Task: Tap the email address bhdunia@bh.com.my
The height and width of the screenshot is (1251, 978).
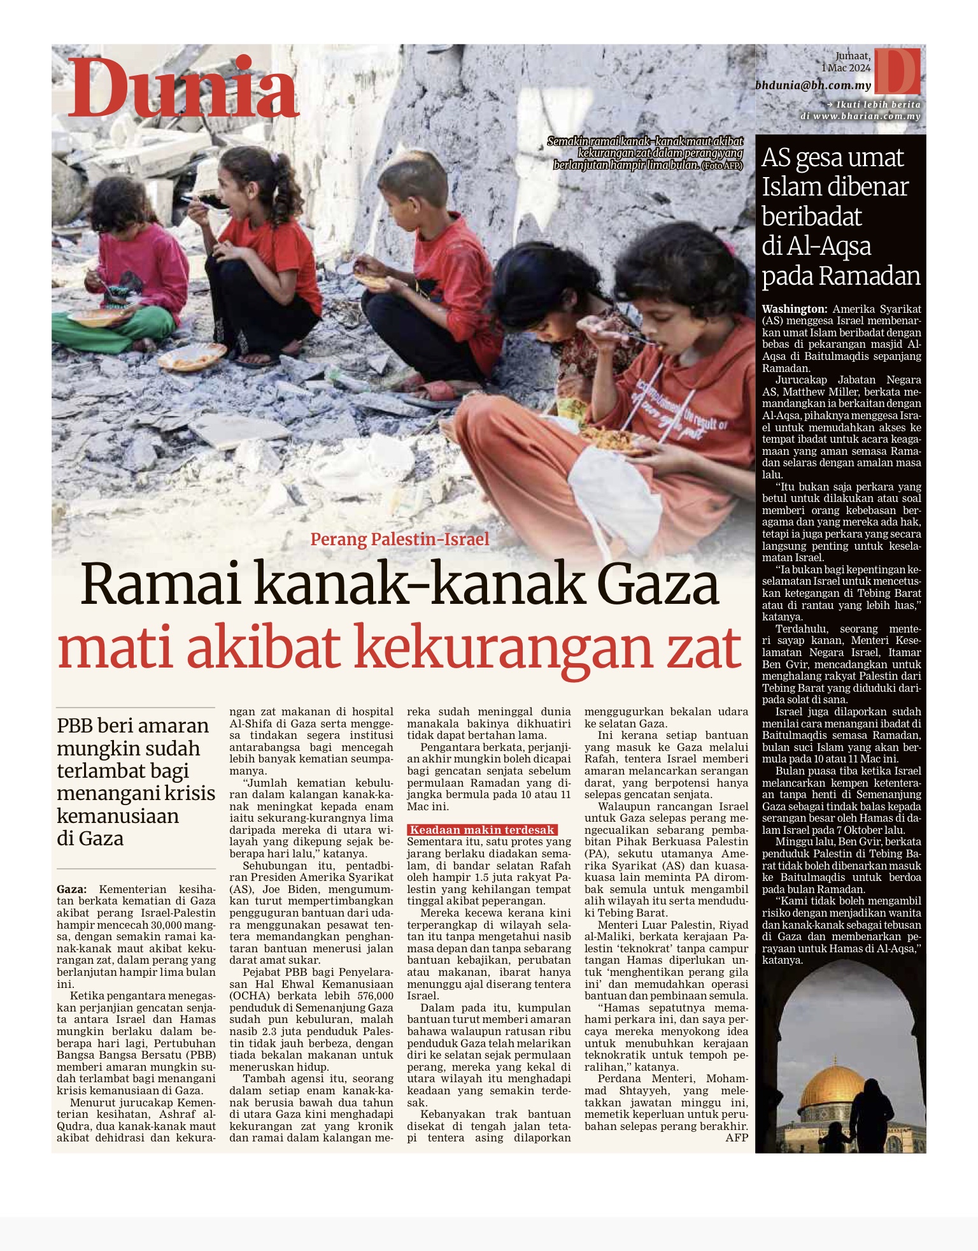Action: coord(812,85)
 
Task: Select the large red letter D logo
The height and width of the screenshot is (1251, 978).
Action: coord(896,70)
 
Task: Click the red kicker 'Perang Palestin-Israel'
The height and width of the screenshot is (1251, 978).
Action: coord(399,540)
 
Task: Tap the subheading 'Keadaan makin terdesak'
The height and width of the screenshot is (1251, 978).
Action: coord(482,830)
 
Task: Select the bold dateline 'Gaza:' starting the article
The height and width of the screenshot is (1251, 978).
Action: coord(72,889)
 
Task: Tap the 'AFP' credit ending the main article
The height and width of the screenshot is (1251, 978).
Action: coord(737,1138)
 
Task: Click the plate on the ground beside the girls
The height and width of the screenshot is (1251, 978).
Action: coord(192,356)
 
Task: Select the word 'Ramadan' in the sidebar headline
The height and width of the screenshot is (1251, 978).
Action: coord(870,276)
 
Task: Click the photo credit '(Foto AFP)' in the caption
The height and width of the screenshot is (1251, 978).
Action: coord(722,166)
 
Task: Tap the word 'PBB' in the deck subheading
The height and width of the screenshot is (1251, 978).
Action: coord(75,726)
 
